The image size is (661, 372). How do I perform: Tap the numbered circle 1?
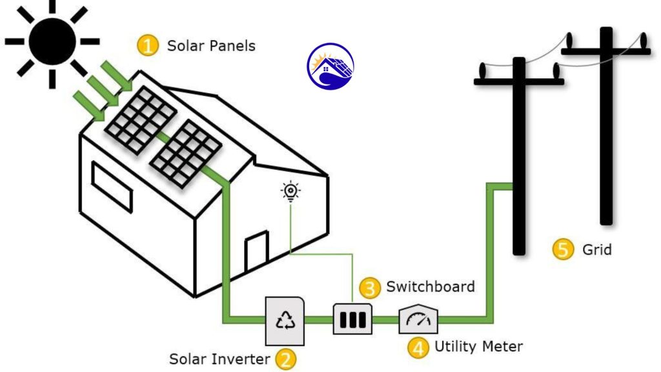148,46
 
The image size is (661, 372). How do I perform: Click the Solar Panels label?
211,46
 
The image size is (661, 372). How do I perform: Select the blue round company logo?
330,67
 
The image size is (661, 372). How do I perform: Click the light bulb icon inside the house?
290,191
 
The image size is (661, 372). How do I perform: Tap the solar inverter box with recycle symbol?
285,320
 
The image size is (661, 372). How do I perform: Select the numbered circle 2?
285,358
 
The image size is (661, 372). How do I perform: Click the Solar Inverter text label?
219,358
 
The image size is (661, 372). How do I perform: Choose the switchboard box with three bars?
352,319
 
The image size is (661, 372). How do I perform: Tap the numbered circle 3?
369,286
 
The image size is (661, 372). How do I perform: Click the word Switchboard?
430,286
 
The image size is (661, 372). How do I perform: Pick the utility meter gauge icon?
418,318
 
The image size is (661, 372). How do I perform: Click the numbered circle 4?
418,347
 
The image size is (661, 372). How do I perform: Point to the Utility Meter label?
478,347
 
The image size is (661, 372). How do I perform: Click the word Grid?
597,249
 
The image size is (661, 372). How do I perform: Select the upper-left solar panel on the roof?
141,120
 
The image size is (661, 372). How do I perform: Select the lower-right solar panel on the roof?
186,154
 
